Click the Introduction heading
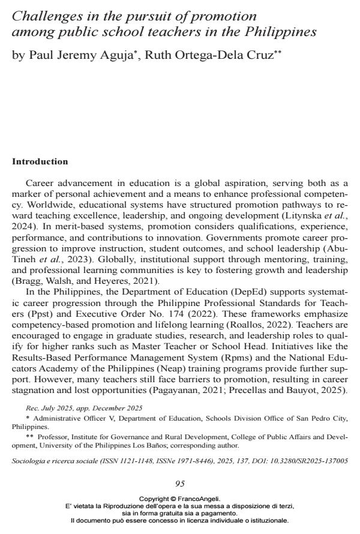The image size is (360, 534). (x=40, y=162)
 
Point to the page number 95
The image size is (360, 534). (x=180, y=484)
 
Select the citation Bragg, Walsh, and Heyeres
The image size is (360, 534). (x=77, y=280)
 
